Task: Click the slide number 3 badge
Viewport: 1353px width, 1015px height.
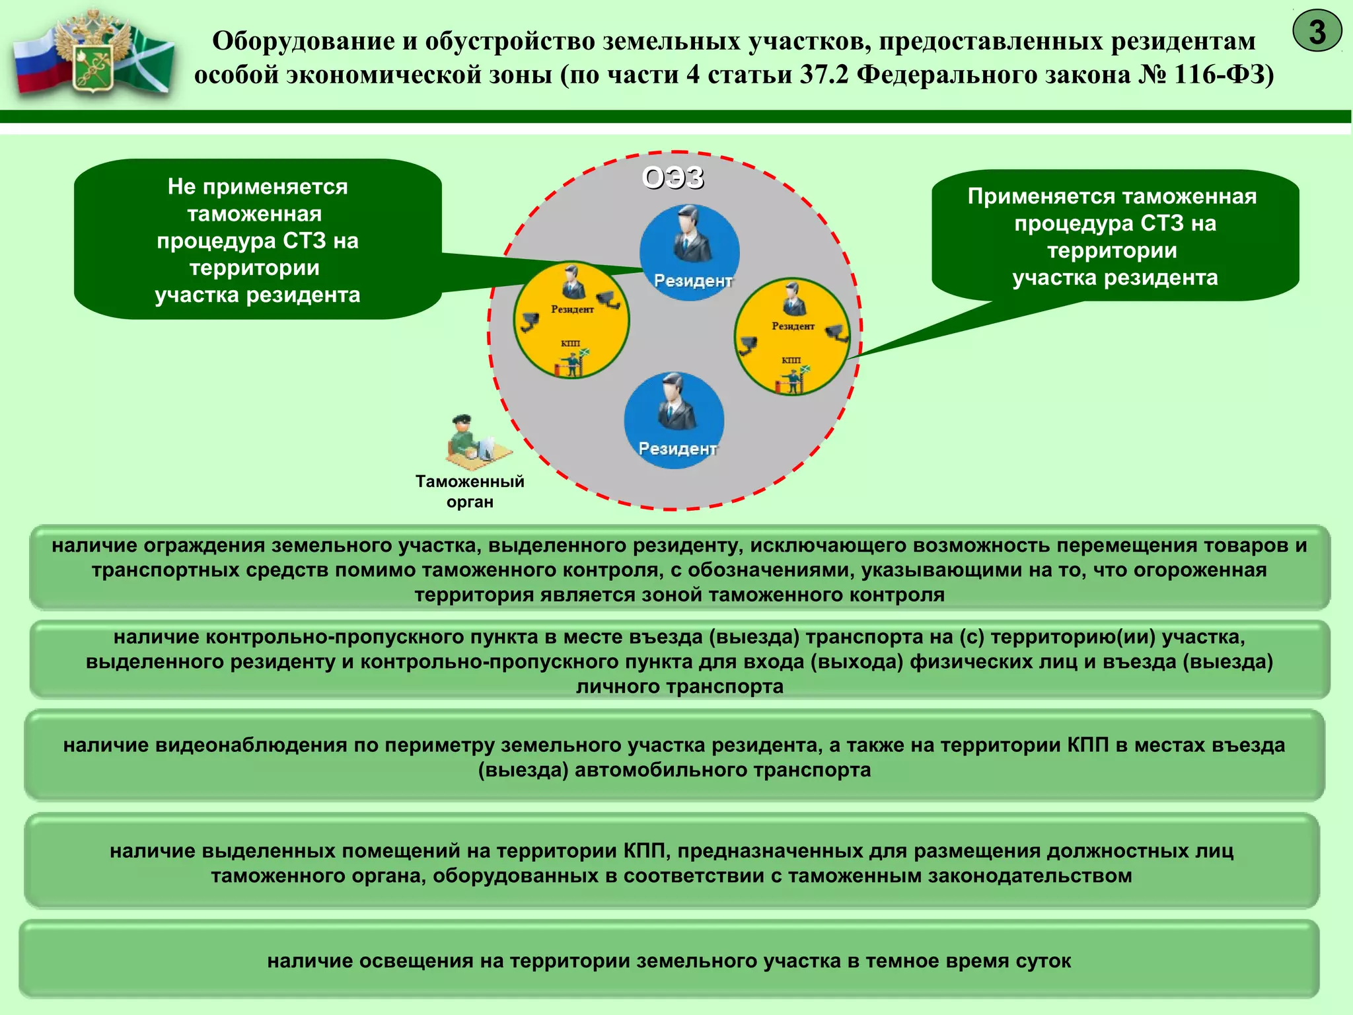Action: click(x=1317, y=31)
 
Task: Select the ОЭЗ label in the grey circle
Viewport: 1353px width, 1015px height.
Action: click(x=673, y=178)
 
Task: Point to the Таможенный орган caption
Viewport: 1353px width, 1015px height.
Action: click(x=470, y=491)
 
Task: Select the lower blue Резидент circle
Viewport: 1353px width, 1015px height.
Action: click(x=674, y=420)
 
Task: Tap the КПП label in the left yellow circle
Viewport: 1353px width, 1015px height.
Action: click(x=570, y=344)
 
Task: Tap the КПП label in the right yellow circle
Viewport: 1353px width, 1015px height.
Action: click(x=791, y=360)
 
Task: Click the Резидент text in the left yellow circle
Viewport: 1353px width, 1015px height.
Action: click(x=572, y=309)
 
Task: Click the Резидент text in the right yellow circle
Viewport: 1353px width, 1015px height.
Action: click(x=793, y=326)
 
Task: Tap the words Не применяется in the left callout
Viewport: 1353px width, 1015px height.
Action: click(x=257, y=187)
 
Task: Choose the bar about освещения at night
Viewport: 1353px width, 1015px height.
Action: click(x=669, y=960)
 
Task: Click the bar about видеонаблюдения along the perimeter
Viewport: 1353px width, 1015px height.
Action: click(x=674, y=757)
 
